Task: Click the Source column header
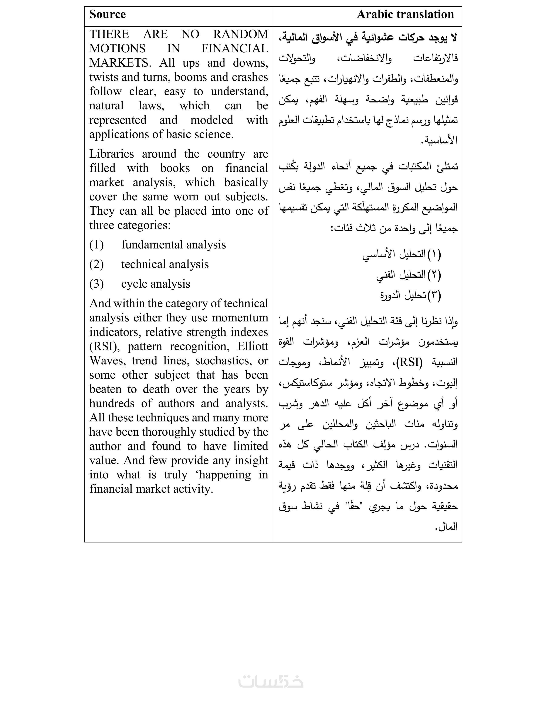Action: click(107, 14)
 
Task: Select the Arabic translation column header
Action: click(405, 14)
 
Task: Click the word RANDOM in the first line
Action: click(240, 34)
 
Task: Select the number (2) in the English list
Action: click(96, 264)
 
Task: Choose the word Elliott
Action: click(253, 347)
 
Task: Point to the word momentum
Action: click(240, 318)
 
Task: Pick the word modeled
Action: click(212, 120)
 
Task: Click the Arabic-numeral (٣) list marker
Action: click(434, 295)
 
